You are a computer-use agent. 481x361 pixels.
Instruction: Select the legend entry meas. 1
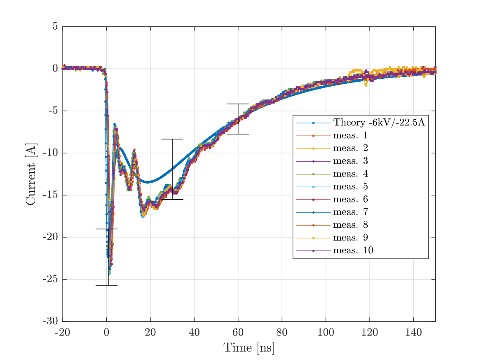(350, 135)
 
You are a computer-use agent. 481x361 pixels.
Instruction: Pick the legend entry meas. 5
(350, 186)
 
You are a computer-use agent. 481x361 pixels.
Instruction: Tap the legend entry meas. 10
(353, 250)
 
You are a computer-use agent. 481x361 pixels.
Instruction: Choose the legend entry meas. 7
(350, 212)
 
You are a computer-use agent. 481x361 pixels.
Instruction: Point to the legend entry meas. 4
(350, 174)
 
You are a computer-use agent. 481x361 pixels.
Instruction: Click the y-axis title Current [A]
(31, 174)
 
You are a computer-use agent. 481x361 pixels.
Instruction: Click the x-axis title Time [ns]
(249, 348)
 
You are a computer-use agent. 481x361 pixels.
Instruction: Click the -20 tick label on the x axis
(63, 333)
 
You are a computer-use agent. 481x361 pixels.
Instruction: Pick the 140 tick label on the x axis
(413, 333)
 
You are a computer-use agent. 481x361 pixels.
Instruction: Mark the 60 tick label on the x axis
(238, 333)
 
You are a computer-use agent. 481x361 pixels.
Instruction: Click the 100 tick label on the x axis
(326, 333)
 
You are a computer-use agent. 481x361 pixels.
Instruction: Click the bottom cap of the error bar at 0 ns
(106, 285)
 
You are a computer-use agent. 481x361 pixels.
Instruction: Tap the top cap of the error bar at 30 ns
(172, 139)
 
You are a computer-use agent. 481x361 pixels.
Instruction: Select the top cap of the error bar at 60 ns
(238, 104)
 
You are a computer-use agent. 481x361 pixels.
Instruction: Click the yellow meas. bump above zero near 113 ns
(356, 71)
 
